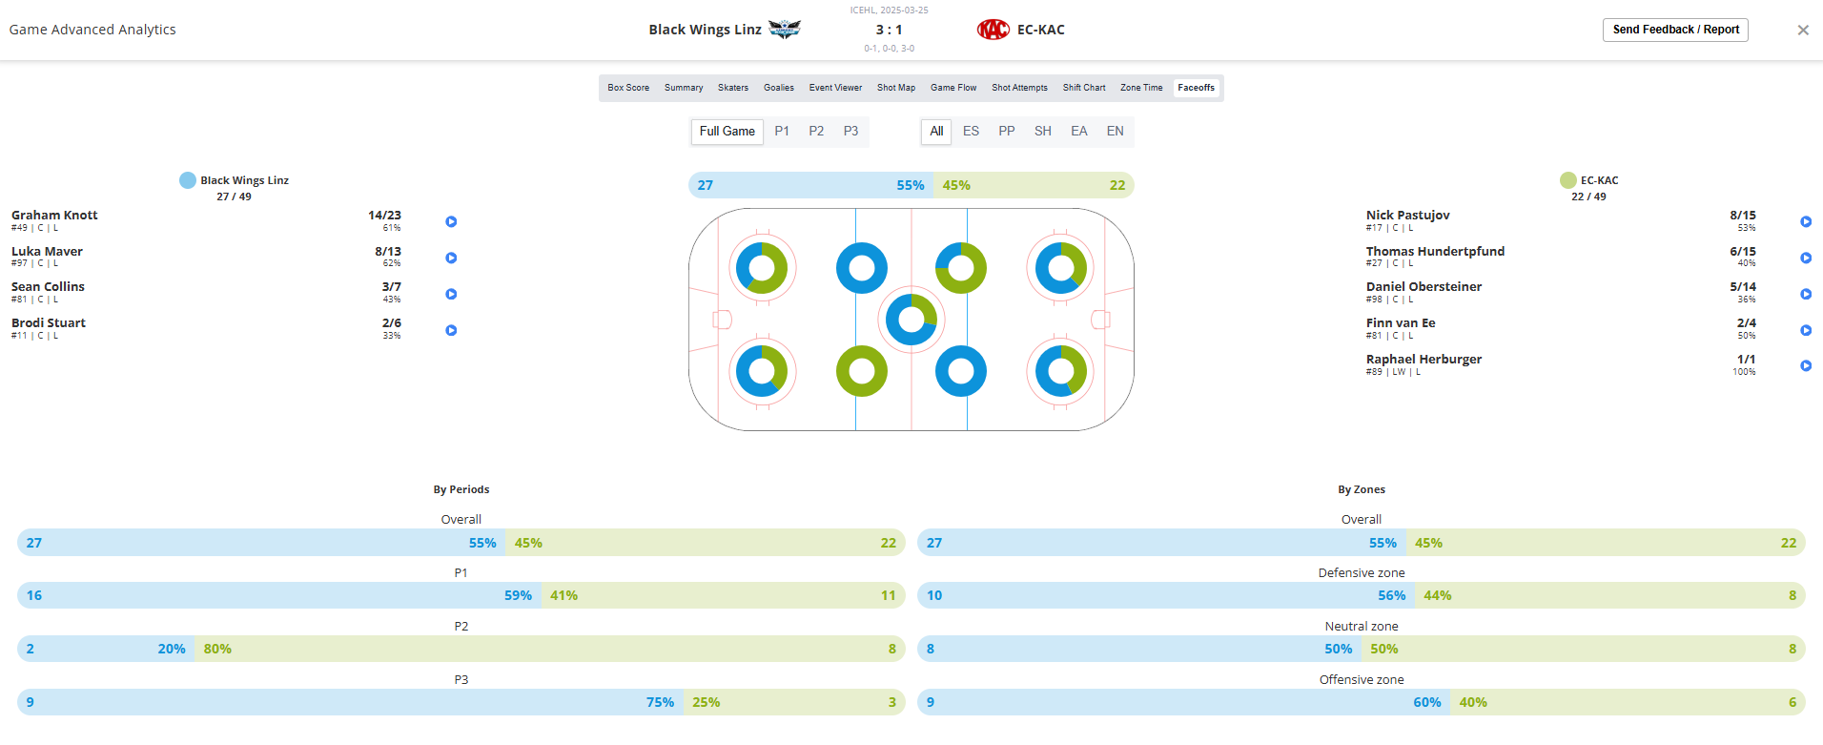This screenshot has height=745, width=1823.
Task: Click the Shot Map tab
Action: click(x=895, y=88)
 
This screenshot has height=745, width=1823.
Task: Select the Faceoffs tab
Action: click(x=1196, y=88)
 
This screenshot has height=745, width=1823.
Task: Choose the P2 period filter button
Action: click(x=816, y=132)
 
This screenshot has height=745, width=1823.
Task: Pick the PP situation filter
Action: click(x=1006, y=132)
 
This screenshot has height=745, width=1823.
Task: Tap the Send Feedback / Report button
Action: click(x=1675, y=30)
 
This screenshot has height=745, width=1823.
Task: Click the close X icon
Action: click(x=1802, y=31)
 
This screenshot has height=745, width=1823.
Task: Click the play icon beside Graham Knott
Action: click(x=451, y=222)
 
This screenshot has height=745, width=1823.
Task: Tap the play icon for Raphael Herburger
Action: click(x=1805, y=366)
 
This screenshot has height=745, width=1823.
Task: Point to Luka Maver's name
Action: click(x=47, y=252)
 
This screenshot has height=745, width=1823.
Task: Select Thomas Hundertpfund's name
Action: click(x=1435, y=252)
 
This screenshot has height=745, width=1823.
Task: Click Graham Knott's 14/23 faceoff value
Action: click(x=384, y=216)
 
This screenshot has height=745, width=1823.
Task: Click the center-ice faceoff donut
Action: click(x=911, y=320)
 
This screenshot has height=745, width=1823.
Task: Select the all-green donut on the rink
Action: click(x=861, y=371)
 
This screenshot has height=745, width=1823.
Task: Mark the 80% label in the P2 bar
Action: click(x=217, y=650)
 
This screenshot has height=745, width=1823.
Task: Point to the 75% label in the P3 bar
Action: click(x=660, y=703)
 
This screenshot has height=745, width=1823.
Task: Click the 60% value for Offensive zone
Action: click(x=1426, y=703)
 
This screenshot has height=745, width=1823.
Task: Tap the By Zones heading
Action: click(x=1361, y=490)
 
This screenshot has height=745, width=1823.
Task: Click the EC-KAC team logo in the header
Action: click(x=993, y=30)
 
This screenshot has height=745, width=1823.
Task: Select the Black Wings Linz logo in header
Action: click(x=785, y=30)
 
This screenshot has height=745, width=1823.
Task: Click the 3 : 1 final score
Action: click(x=889, y=30)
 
